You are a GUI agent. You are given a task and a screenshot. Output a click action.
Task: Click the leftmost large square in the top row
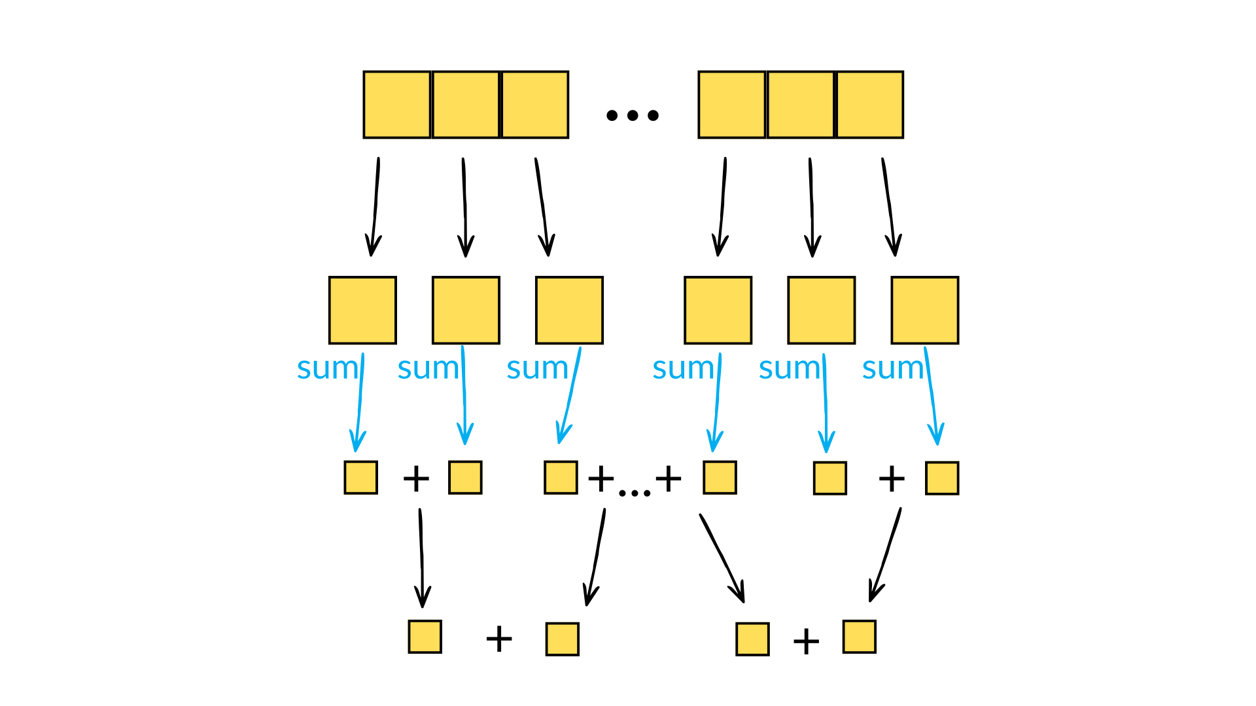pos(396,105)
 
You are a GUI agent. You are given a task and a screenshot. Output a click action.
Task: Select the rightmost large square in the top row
pos(869,105)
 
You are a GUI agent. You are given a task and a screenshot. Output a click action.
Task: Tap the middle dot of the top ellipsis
pos(632,116)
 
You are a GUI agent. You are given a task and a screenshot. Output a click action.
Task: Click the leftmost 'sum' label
pos(327,368)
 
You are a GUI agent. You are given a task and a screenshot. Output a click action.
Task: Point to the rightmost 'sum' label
pos(892,369)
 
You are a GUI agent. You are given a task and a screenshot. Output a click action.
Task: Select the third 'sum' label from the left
pos(536,369)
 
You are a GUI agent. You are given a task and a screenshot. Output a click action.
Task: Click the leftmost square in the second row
pos(362,310)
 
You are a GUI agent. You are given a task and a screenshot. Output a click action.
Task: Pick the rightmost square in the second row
pos(924,310)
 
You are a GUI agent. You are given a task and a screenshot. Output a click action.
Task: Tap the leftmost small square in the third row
pos(360,477)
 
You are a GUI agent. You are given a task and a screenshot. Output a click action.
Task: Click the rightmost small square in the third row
pos(941,478)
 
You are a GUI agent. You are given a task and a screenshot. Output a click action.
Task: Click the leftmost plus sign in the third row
pos(416,479)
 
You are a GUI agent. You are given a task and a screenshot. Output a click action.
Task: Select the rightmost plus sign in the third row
pos(891,479)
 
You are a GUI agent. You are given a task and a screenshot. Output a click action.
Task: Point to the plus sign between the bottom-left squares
pos(498,639)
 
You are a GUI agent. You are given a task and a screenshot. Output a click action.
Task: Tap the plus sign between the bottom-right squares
pos(806,641)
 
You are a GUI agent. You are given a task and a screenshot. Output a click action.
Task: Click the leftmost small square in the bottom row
pos(425,637)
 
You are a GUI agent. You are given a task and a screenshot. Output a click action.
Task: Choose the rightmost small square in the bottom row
pos(859,637)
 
